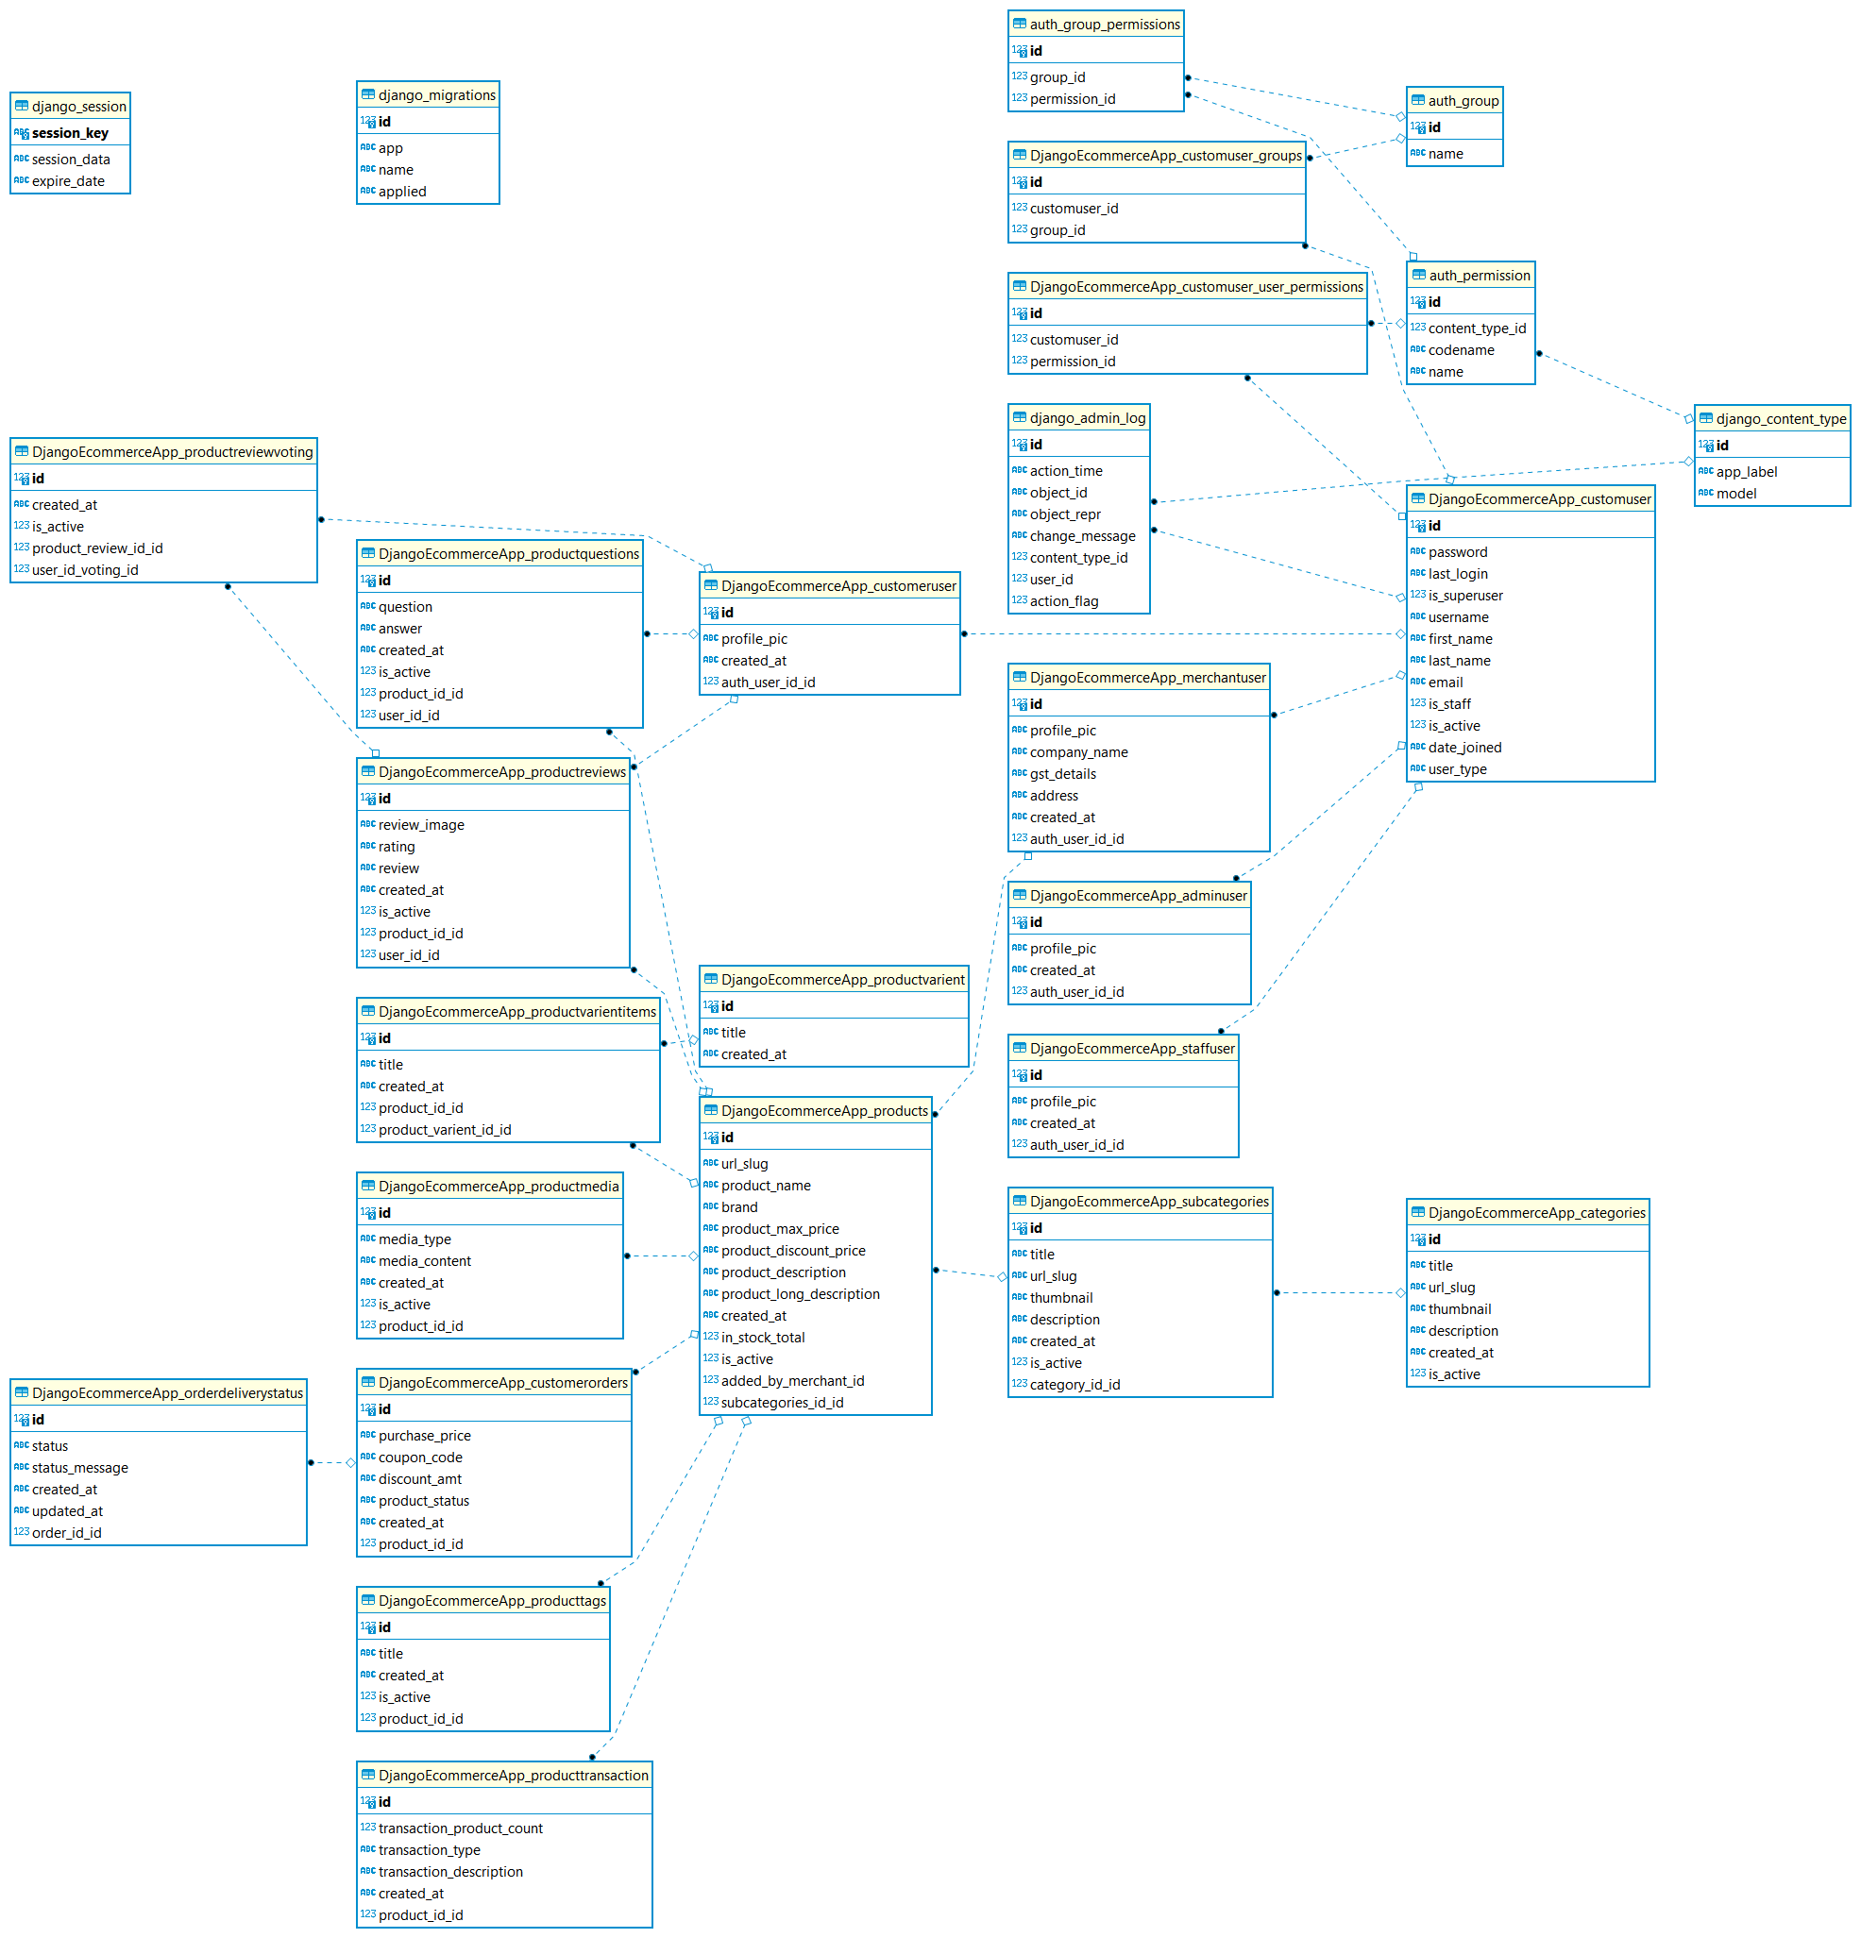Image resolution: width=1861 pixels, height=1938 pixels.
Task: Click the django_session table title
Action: [78, 107]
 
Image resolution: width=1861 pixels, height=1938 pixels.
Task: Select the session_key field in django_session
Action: [69, 133]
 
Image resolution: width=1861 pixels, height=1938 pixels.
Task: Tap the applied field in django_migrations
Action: [401, 192]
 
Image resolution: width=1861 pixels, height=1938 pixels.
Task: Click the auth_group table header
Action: [1463, 101]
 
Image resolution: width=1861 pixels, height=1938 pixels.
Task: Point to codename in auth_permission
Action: [1461, 350]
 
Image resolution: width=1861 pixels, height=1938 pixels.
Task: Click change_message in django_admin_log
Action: [1082, 536]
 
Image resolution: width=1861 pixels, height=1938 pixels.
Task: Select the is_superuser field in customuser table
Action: [1464, 596]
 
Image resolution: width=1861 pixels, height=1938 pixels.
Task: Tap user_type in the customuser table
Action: [1457, 769]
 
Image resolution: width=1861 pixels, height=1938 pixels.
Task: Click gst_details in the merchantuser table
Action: [1062, 774]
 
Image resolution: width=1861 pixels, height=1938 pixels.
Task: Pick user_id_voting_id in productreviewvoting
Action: [85, 570]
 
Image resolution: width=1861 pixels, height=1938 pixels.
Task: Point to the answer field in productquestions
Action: [399, 629]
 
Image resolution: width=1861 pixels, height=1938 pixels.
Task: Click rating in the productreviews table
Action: [397, 847]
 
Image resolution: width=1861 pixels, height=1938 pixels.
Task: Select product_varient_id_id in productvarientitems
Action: [444, 1130]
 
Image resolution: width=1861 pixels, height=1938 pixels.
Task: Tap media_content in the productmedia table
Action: [424, 1260]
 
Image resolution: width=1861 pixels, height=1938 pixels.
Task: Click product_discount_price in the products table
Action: [792, 1251]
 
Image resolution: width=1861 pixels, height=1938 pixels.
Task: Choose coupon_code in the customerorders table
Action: [420, 1458]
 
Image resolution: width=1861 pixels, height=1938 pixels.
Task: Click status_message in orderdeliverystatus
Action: [79, 1468]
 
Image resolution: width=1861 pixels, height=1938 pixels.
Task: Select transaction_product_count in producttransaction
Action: [460, 1828]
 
